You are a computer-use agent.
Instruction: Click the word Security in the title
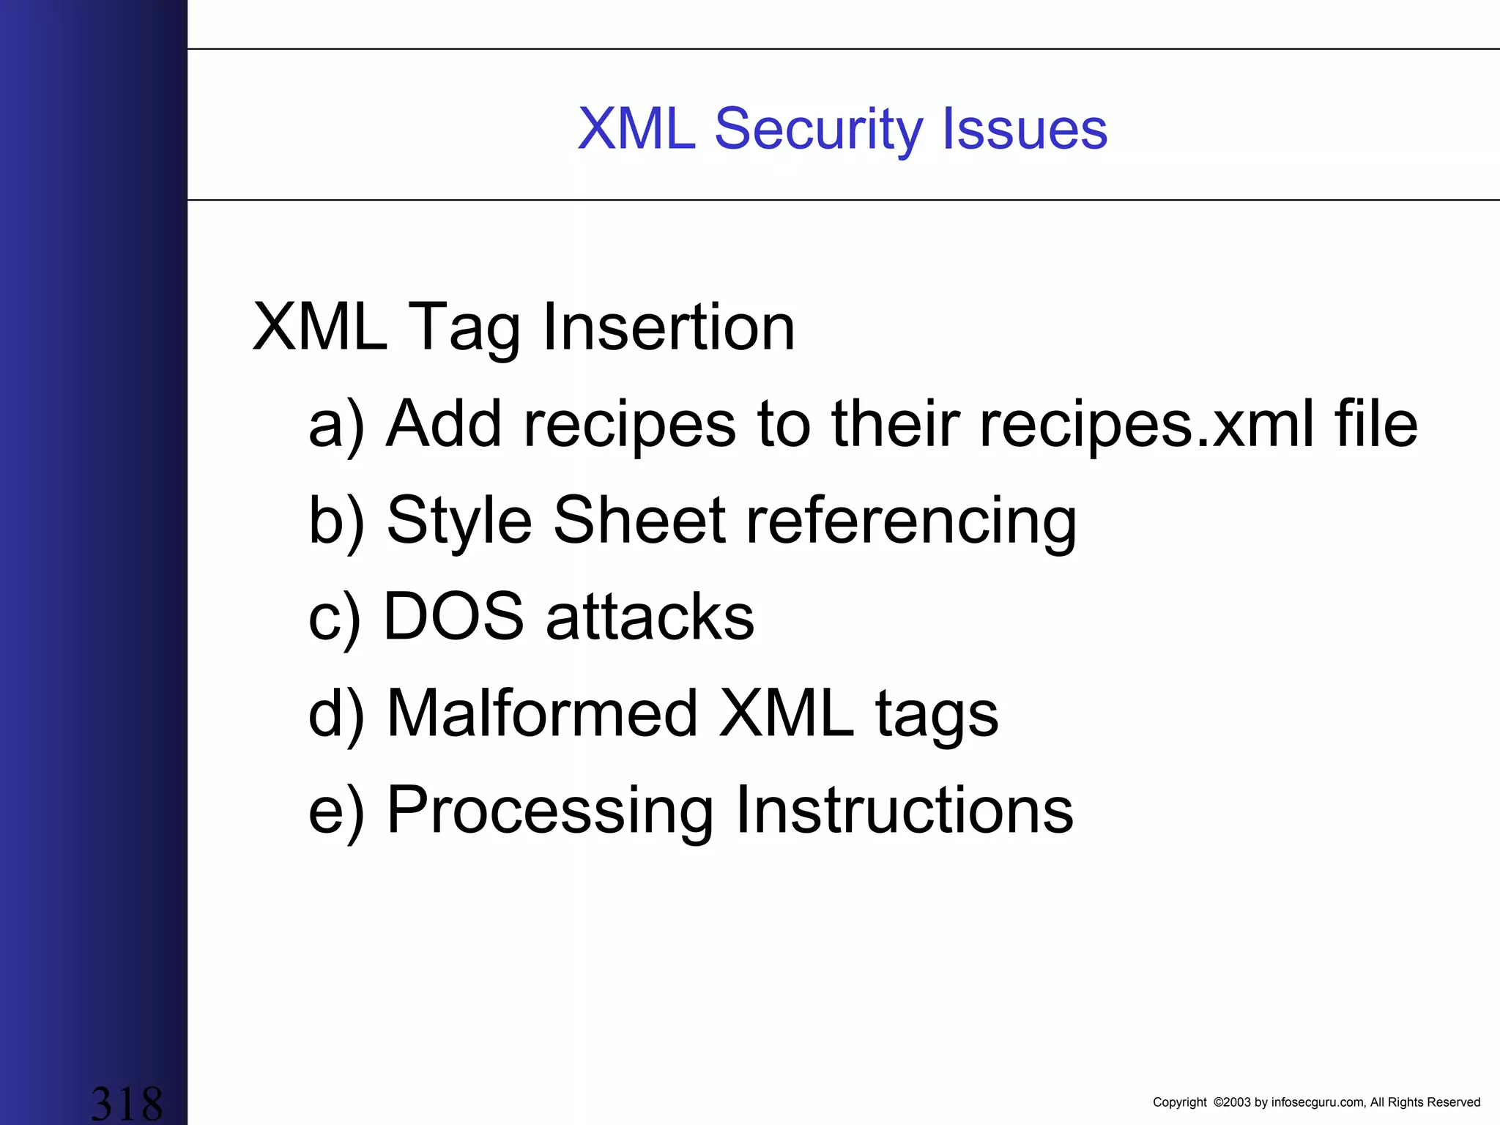818,129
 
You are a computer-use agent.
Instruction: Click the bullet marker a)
336,425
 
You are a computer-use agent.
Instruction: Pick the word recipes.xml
1146,425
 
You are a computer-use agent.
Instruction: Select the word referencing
910,521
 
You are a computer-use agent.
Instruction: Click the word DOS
453,617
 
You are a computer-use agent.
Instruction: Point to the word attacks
650,617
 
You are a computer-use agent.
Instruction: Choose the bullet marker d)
336,713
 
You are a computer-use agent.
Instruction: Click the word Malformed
542,713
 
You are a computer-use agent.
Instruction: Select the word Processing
549,812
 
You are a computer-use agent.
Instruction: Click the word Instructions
904,810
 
